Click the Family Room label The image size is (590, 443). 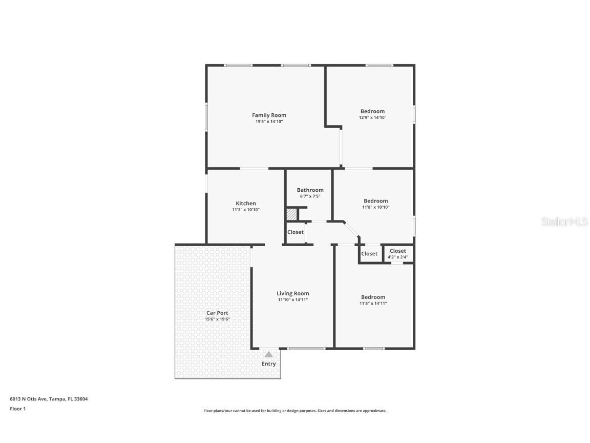pyautogui.click(x=269, y=115)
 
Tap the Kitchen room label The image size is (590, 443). pyautogui.click(x=246, y=204)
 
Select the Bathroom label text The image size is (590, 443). pyautogui.click(x=310, y=190)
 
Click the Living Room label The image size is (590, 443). pyautogui.click(x=293, y=294)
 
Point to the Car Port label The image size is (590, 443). pyautogui.click(x=217, y=313)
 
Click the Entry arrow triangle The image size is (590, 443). pyautogui.click(x=269, y=354)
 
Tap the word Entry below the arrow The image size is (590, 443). pyautogui.click(x=269, y=364)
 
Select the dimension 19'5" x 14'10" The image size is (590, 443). pyautogui.click(x=269, y=122)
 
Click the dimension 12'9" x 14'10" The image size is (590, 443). pyautogui.click(x=372, y=118)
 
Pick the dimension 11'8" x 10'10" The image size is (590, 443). pyautogui.click(x=375, y=208)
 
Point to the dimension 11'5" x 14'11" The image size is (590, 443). pyautogui.click(x=373, y=304)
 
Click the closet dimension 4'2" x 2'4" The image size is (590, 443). pyautogui.click(x=398, y=257)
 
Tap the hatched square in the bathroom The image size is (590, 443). pyautogui.click(x=291, y=214)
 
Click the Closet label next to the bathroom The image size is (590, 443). pyautogui.click(x=296, y=232)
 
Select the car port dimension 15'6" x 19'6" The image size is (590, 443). pyautogui.click(x=217, y=319)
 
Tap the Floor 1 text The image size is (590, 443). pyautogui.click(x=17, y=409)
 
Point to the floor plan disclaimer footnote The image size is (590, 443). pyautogui.click(x=294, y=411)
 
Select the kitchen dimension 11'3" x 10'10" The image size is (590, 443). pyautogui.click(x=246, y=210)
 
